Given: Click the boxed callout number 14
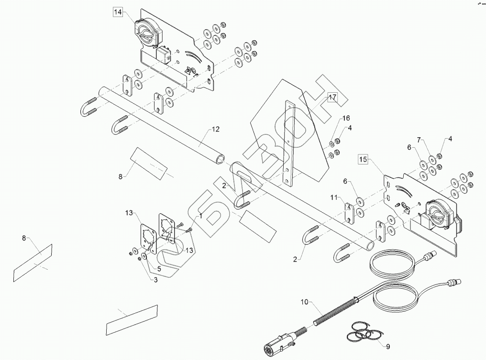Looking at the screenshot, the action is (x=118, y=12).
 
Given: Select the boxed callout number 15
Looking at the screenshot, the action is (x=363, y=159).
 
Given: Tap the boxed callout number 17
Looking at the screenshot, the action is (x=332, y=98).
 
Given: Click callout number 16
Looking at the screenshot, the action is (x=346, y=118).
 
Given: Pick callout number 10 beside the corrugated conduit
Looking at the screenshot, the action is (x=304, y=302).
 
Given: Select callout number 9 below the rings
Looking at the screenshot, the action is (x=388, y=346).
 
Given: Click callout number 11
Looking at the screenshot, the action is (x=333, y=197).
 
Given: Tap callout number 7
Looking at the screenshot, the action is (x=419, y=140).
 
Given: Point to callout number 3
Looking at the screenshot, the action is (x=155, y=280).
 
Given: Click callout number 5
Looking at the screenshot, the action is (x=159, y=269).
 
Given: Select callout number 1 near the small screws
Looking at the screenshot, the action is (x=200, y=216).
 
